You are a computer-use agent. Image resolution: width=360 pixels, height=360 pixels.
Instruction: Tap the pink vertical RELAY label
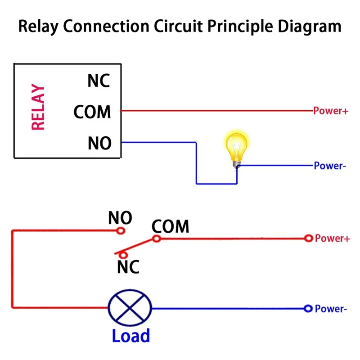click(38, 108)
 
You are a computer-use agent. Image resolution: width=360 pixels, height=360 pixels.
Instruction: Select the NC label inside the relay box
click(99, 81)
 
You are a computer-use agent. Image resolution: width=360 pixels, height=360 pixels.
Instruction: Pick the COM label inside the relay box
click(92, 112)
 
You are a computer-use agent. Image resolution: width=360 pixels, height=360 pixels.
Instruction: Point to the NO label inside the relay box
click(99, 143)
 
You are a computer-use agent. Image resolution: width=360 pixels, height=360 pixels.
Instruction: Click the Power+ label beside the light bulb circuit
click(331, 111)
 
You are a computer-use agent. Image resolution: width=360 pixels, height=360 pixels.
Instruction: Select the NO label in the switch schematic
click(120, 218)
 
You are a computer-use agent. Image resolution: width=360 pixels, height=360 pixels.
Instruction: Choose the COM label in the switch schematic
click(171, 226)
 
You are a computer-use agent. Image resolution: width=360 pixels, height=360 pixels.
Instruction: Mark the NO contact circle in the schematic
click(120, 231)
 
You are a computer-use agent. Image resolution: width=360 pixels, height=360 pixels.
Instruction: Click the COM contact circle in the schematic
click(156, 238)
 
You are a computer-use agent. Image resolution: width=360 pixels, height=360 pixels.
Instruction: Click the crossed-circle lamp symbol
click(130, 308)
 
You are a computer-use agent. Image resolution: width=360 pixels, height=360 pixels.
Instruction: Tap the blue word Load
click(130, 336)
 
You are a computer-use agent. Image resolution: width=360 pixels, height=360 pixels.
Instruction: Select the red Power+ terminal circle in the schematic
click(308, 238)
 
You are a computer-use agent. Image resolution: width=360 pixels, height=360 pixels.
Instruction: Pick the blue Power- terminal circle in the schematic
click(308, 308)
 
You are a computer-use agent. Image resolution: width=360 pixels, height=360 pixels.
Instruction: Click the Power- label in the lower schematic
click(331, 309)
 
